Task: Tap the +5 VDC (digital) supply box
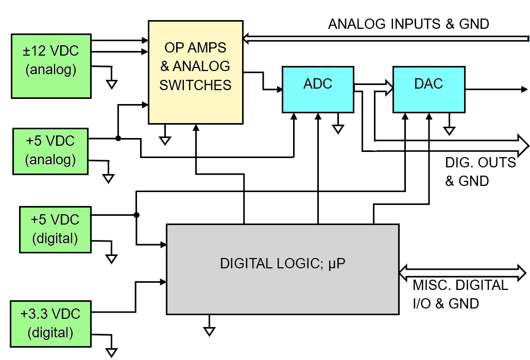[x=55, y=229]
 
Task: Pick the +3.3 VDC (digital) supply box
[x=51, y=323]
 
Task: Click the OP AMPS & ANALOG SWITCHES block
[x=195, y=72]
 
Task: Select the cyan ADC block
[x=318, y=89]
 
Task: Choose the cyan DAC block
[x=429, y=89]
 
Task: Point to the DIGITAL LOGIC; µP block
[x=282, y=269]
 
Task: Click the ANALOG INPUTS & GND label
[x=408, y=24]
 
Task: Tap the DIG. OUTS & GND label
[x=480, y=172]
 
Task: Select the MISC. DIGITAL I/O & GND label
[x=460, y=294]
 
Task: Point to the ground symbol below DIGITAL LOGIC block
[x=209, y=331]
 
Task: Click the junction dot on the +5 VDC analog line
[x=118, y=138]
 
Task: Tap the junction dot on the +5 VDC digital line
[x=136, y=215]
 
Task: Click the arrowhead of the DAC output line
[x=523, y=89]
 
